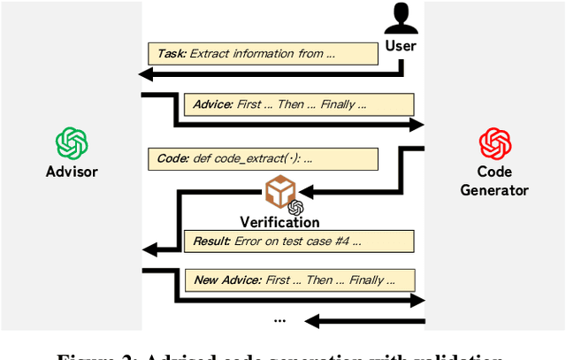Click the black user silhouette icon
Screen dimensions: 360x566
(x=402, y=19)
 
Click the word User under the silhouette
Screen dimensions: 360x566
(x=402, y=44)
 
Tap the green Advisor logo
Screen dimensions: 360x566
(x=72, y=143)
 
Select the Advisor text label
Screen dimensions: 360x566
(x=72, y=171)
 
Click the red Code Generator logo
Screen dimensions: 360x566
(x=495, y=143)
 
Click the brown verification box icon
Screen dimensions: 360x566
(x=279, y=190)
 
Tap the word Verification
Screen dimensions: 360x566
(x=279, y=222)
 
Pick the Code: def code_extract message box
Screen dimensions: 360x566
(x=263, y=159)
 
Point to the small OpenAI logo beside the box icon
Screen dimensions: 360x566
(x=296, y=207)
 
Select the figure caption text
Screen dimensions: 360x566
(x=282, y=354)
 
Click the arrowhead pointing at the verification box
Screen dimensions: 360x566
(x=303, y=188)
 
